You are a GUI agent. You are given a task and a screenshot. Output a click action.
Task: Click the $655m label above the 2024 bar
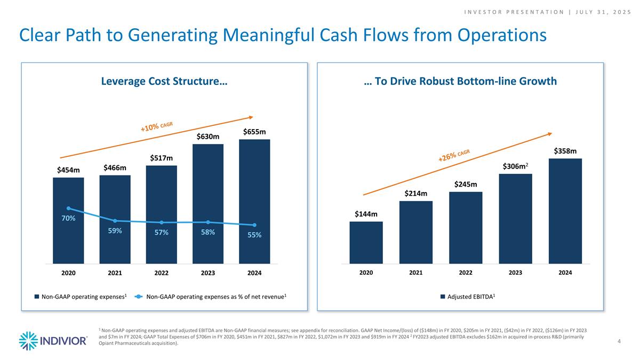coord(254,132)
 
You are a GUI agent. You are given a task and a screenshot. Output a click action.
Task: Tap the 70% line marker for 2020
coord(68,208)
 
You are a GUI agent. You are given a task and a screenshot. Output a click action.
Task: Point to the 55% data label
coord(254,235)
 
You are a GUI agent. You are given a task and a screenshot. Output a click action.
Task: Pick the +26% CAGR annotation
coord(454,156)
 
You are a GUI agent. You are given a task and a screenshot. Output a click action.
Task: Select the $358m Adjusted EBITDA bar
coord(565,211)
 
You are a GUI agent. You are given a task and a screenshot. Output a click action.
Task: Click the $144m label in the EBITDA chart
coord(366,214)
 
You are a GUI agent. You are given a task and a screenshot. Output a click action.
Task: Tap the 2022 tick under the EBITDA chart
coord(466,273)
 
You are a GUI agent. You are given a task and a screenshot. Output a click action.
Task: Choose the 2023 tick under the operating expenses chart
coord(208,273)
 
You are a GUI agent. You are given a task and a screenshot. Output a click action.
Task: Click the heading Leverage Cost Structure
coord(164,82)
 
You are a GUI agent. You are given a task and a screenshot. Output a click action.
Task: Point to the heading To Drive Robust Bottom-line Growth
coord(460,82)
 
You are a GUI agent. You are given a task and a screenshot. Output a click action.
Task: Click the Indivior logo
coord(53,340)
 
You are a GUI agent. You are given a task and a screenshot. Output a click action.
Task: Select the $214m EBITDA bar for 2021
coord(415,232)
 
